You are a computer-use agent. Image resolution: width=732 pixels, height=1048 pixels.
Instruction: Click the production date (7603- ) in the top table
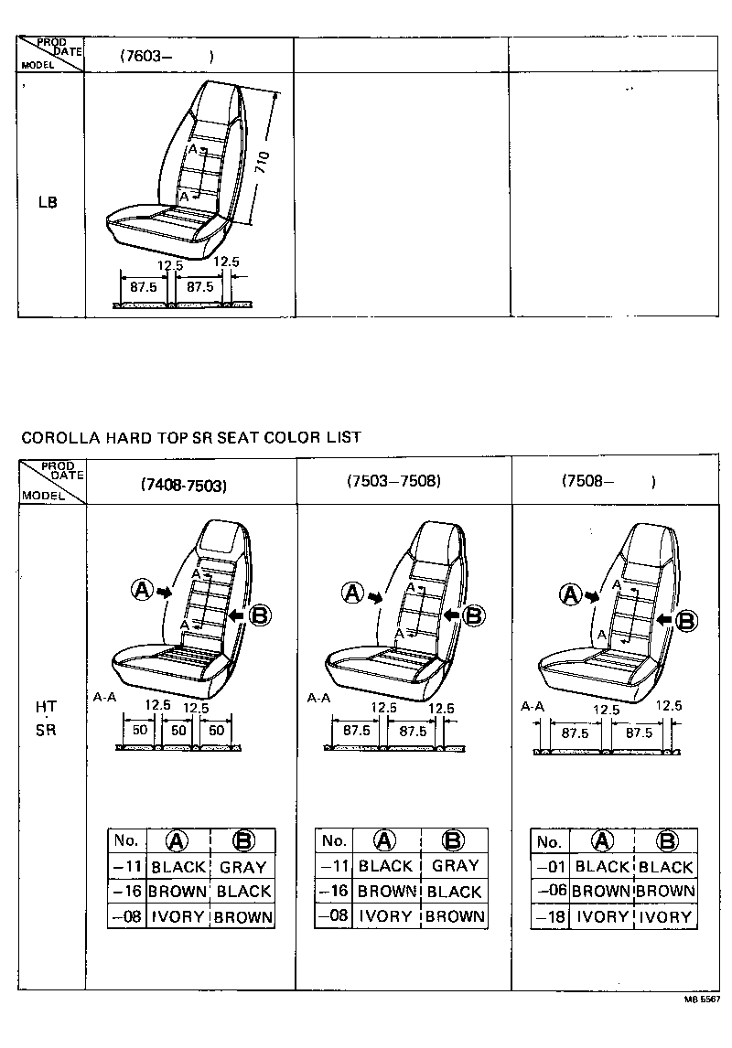(166, 56)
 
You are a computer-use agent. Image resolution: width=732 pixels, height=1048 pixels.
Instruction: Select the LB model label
(48, 202)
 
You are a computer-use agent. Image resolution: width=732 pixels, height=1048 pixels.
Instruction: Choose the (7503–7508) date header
(394, 480)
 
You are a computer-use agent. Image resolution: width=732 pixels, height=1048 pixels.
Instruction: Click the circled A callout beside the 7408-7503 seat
(142, 590)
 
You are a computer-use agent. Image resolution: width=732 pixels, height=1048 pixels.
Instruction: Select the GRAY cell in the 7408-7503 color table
(242, 867)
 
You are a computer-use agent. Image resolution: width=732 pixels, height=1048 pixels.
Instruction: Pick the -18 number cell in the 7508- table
(549, 916)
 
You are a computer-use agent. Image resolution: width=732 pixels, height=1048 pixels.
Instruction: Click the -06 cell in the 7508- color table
(549, 892)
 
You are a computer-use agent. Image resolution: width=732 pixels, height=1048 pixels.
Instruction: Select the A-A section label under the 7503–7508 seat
(318, 698)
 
